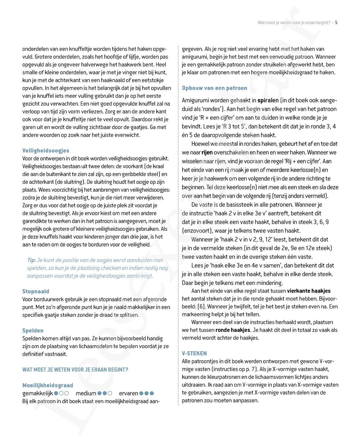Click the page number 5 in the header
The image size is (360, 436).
click(336, 23)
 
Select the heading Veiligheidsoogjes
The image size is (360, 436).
click(46, 150)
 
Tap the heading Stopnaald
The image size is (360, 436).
click(36, 291)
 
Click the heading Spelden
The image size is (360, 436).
click(33, 331)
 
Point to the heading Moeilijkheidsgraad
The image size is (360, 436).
click(48, 385)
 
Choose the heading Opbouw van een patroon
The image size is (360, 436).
click(215, 88)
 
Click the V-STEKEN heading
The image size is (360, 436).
click(194, 353)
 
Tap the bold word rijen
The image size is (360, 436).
click(207, 153)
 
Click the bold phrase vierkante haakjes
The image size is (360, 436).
click(309, 291)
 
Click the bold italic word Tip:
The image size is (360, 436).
click(32, 260)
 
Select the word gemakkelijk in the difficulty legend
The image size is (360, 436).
click(37, 393)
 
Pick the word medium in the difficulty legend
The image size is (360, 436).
click(86, 393)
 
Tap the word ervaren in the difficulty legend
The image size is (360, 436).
click(128, 393)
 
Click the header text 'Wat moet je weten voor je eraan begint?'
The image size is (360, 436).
click(294, 23)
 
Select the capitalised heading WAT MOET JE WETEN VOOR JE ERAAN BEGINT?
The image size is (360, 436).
click(75, 369)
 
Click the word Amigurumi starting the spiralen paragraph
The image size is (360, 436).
click(196, 100)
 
